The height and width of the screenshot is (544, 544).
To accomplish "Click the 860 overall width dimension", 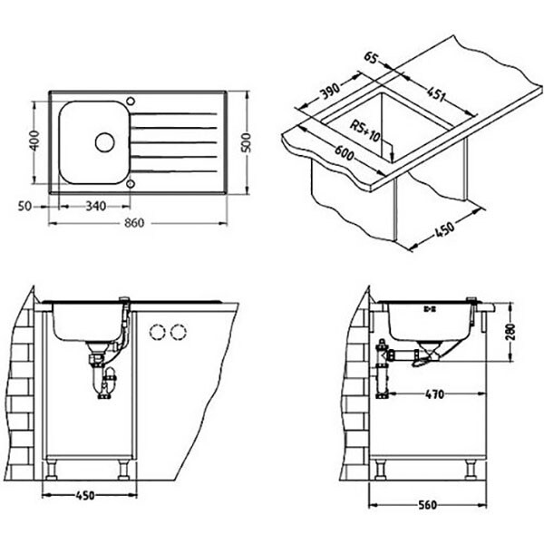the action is [134, 223].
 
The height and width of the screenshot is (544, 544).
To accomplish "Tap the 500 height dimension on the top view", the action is [246, 142].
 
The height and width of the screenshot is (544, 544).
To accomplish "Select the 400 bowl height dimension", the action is [34, 141].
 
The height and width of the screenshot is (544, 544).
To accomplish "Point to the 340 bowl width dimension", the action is [96, 206].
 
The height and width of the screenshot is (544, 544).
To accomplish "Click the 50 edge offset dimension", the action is [24, 207].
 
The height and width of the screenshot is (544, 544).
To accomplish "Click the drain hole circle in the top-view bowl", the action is [105, 142].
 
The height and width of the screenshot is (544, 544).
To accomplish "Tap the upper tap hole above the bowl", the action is [131, 102].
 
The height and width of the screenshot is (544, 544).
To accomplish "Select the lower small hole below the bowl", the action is [131, 184].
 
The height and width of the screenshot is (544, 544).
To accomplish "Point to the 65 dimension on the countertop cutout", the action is [371, 58].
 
